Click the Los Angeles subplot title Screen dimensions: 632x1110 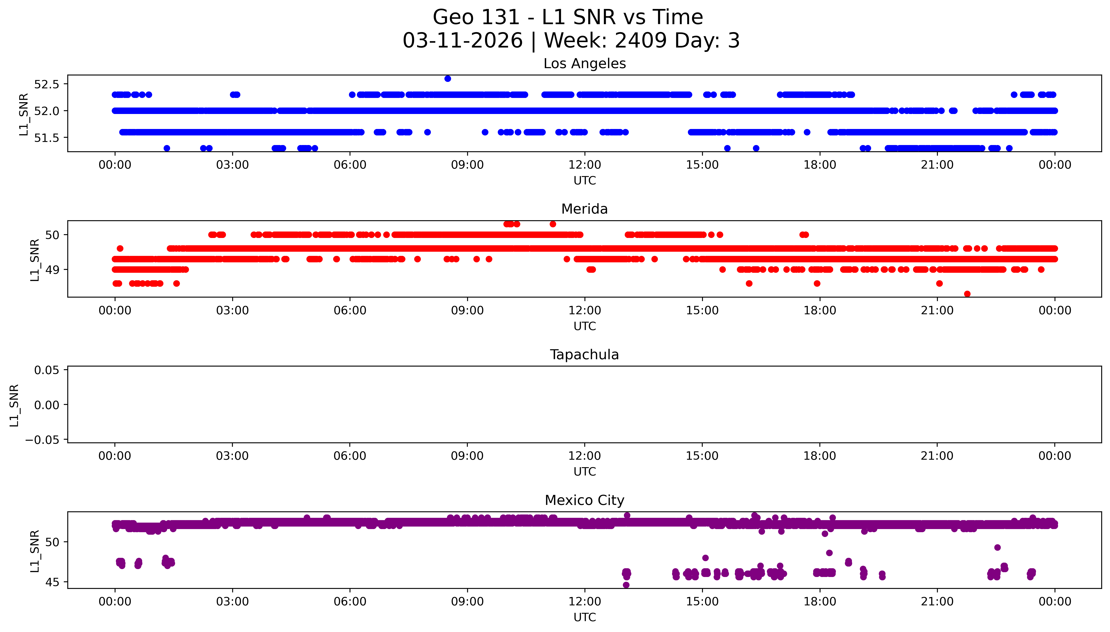pos(584,64)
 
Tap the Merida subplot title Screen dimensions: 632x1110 pos(584,209)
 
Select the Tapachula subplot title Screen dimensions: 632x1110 pos(584,355)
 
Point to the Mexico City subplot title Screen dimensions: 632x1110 pos(584,501)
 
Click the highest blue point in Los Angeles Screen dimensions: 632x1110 pos(448,79)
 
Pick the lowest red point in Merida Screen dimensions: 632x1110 pos(967,294)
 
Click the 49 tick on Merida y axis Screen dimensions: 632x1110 pos(52,270)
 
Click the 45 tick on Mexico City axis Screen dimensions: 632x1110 pos(52,582)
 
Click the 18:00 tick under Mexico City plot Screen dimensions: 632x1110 pos(820,602)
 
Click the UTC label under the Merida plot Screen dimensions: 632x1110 pos(584,326)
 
